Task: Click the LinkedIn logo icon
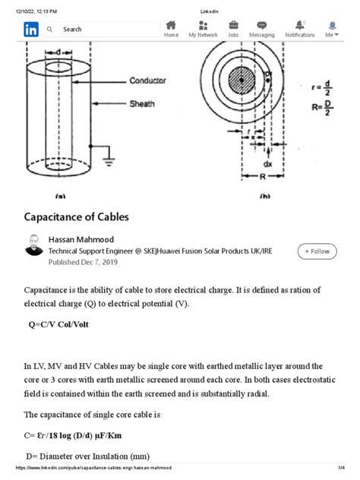[x=32, y=29]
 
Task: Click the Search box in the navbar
[x=99, y=29]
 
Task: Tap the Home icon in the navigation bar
[x=171, y=29]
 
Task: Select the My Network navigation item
[x=203, y=29]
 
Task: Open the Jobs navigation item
[x=233, y=29]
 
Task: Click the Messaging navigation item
[x=261, y=29]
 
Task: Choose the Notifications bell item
[x=299, y=29]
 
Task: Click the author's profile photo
[x=34, y=245]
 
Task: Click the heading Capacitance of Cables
[x=77, y=216]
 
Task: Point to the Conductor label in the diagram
[x=147, y=81]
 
